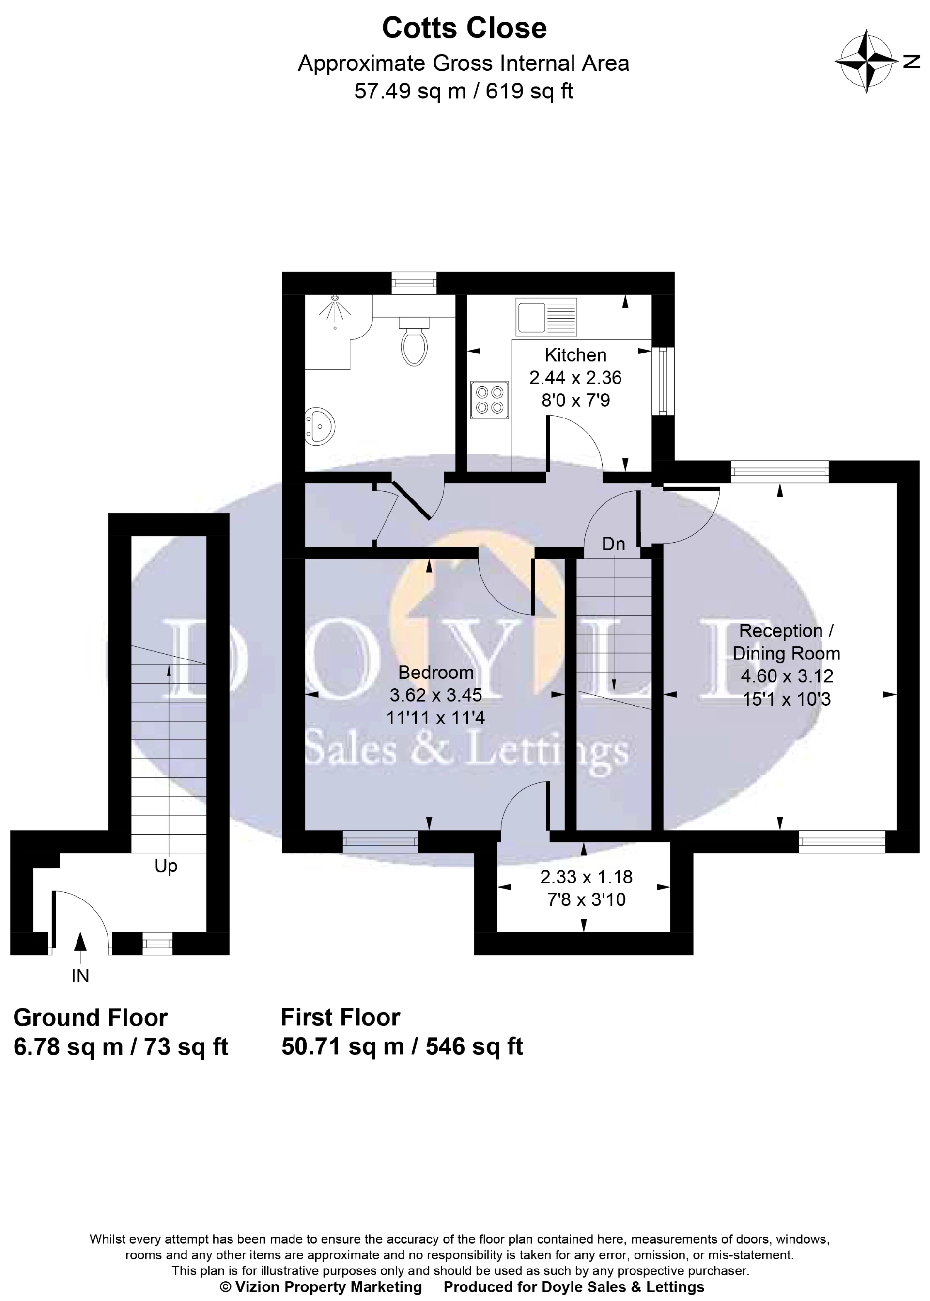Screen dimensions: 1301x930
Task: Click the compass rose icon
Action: pos(867,61)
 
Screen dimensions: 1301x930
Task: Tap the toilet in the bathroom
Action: pos(414,342)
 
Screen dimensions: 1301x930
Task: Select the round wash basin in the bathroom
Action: pos(320,426)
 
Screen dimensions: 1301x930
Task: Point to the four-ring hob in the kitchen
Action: pos(490,400)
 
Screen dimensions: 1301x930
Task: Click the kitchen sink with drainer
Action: pos(546,316)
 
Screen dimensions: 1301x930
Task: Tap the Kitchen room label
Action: pos(575,355)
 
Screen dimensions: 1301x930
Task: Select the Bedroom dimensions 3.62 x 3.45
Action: pos(436,695)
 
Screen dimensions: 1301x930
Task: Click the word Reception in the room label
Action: pos(780,630)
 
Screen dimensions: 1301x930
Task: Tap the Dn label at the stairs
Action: pos(613,544)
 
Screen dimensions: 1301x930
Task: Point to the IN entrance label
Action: pos(80,976)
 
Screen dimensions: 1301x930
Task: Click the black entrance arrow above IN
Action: pos(80,942)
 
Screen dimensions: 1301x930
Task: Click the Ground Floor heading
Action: pos(91,1017)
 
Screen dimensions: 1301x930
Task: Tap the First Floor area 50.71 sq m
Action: pos(342,1046)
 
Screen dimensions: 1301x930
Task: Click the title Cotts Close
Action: pos(464,28)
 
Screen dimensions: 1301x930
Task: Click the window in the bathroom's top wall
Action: pos(414,283)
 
